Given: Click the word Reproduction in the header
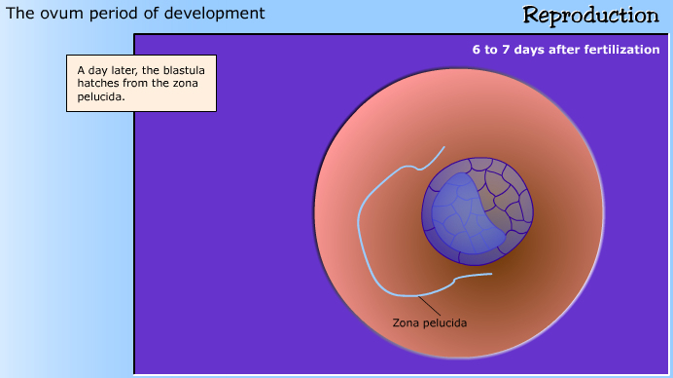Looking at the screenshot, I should (x=590, y=16).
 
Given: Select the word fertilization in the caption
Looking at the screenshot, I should (x=620, y=49).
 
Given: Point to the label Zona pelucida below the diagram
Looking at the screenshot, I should (x=430, y=322).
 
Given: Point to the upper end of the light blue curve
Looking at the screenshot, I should (x=443, y=147).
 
